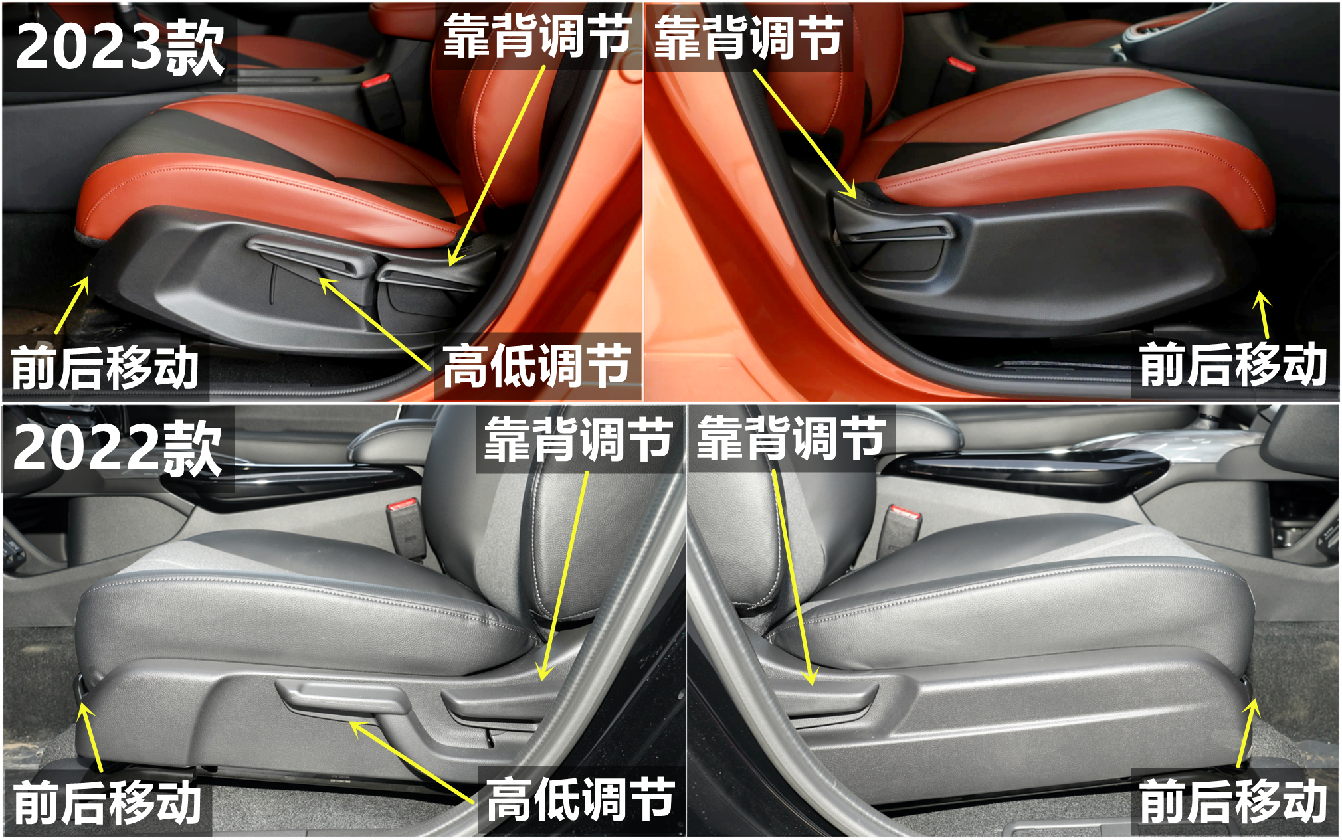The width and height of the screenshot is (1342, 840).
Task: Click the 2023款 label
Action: tap(120, 46)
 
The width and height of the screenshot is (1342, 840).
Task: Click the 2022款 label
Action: tap(118, 449)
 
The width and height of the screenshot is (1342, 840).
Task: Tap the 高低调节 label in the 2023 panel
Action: tap(537, 366)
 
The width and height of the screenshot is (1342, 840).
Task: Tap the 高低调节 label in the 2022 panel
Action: tap(580, 800)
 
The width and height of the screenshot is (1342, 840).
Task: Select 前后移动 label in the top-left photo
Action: tap(105, 367)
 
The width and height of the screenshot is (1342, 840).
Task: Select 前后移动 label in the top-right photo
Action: tap(1233, 365)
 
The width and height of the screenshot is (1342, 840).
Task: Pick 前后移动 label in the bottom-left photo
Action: tap(107, 802)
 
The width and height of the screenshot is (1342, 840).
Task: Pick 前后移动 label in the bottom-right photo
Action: tap(1233, 801)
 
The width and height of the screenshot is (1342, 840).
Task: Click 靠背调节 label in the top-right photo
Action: tap(749, 38)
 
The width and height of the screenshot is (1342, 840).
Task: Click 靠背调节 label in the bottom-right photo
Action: tap(791, 439)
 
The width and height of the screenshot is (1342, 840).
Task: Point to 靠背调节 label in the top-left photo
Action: tap(537, 37)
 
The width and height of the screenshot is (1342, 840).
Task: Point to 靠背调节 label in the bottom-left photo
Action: tap(578, 439)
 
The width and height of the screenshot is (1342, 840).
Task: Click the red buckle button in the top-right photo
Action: tap(961, 64)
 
